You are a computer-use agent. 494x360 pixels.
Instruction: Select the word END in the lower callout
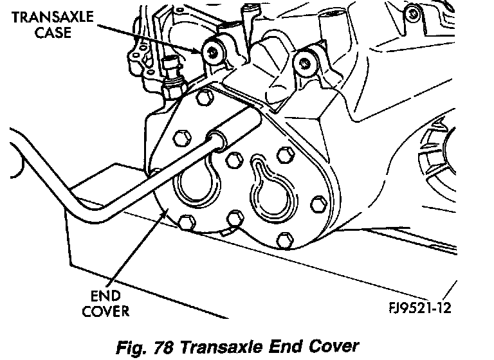pos(107,297)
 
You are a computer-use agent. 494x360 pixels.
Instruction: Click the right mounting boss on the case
pos(306,62)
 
